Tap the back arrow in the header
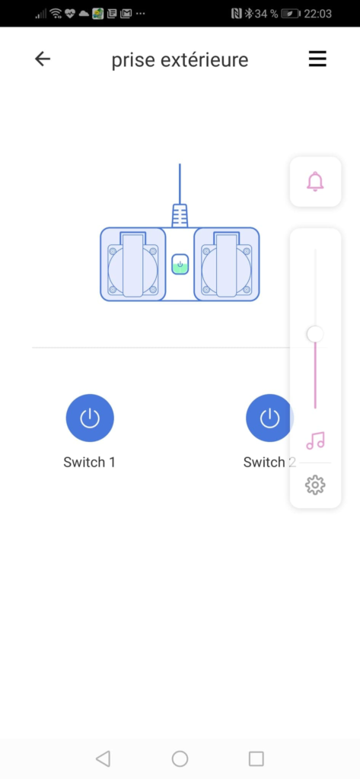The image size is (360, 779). (x=43, y=59)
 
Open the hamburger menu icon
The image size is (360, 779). (x=317, y=59)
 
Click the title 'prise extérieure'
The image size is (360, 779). (x=180, y=60)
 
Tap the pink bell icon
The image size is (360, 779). (x=315, y=181)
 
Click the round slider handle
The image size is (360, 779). (x=315, y=334)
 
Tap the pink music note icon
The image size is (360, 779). (x=315, y=440)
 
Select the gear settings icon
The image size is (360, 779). (x=315, y=485)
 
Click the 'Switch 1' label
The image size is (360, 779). (x=90, y=462)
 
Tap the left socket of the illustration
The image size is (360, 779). (x=132, y=264)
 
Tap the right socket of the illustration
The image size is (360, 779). (x=227, y=264)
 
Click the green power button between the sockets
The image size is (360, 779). (x=180, y=264)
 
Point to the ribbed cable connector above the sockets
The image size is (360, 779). (x=180, y=215)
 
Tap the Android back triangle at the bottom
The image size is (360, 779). (x=103, y=758)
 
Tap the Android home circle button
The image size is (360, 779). (x=180, y=758)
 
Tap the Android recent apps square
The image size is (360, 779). (x=256, y=758)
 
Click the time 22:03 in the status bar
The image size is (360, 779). (x=317, y=14)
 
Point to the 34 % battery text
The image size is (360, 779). (x=266, y=14)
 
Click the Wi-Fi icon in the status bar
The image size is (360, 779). (x=56, y=14)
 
